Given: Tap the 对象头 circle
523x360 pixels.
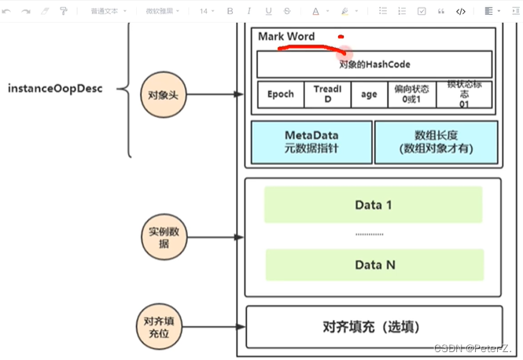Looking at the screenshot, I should pyautogui.click(x=162, y=95).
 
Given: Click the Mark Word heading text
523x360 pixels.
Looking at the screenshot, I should pyautogui.click(x=286, y=37).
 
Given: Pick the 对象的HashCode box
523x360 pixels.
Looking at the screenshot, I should pyautogui.click(x=374, y=64).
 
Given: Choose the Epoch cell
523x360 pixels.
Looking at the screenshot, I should pyautogui.click(x=281, y=94).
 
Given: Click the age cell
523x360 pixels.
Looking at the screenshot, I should pyautogui.click(x=369, y=94).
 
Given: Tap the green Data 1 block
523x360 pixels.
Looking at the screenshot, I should pyautogui.click(x=374, y=205).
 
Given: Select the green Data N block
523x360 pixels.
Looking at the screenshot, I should pyautogui.click(x=374, y=265).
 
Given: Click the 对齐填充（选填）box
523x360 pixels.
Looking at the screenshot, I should pyautogui.click(x=374, y=326).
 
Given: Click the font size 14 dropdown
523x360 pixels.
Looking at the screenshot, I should pyautogui.click(x=206, y=11).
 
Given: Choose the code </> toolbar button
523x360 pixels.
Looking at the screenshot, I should pyautogui.click(x=461, y=11).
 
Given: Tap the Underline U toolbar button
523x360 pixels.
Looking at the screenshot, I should pyautogui.click(x=268, y=11).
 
